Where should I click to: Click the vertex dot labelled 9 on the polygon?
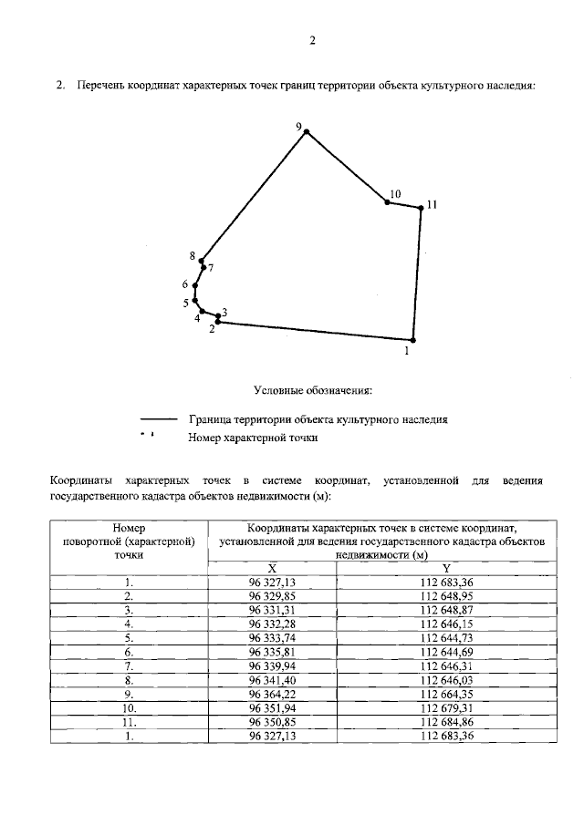(x=307, y=132)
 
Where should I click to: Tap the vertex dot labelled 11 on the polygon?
(x=421, y=209)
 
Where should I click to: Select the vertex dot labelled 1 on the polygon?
(x=412, y=339)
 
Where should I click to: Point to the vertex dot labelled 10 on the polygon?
(x=387, y=202)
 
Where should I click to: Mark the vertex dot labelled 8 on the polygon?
(x=200, y=262)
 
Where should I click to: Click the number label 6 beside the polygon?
(x=184, y=284)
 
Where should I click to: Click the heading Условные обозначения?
(x=312, y=391)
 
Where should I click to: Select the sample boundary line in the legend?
(x=158, y=420)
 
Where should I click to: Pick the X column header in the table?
(x=273, y=567)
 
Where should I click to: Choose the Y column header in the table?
(x=446, y=567)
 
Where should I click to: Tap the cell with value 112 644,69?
(x=446, y=653)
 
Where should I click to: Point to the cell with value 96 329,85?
(x=273, y=595)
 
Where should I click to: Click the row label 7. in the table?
(x=130, y=665)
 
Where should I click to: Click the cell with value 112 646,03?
(x=446, y=679)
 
